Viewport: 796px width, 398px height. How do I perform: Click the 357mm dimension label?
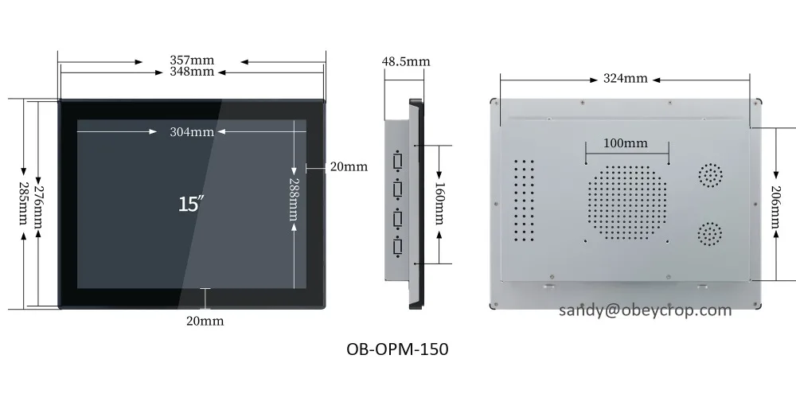coord(191,60)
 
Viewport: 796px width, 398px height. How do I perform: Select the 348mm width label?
coord(191,72)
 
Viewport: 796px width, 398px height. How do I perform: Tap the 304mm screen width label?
coord(191,132)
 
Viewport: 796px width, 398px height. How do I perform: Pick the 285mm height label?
coord(22,205)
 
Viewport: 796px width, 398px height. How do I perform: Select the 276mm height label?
coord(38,205)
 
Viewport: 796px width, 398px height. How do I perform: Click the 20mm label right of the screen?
coord(349,166)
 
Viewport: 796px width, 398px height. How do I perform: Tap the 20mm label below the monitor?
coord(205,321)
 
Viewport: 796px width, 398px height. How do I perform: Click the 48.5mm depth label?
coord(406,61)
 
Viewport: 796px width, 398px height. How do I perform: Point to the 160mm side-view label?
coord(439,205)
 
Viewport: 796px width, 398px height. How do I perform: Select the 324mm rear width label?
coord(625,79)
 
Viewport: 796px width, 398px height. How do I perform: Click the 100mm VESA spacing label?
coord(625,143)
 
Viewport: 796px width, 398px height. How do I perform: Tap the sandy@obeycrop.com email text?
coord(644,310)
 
